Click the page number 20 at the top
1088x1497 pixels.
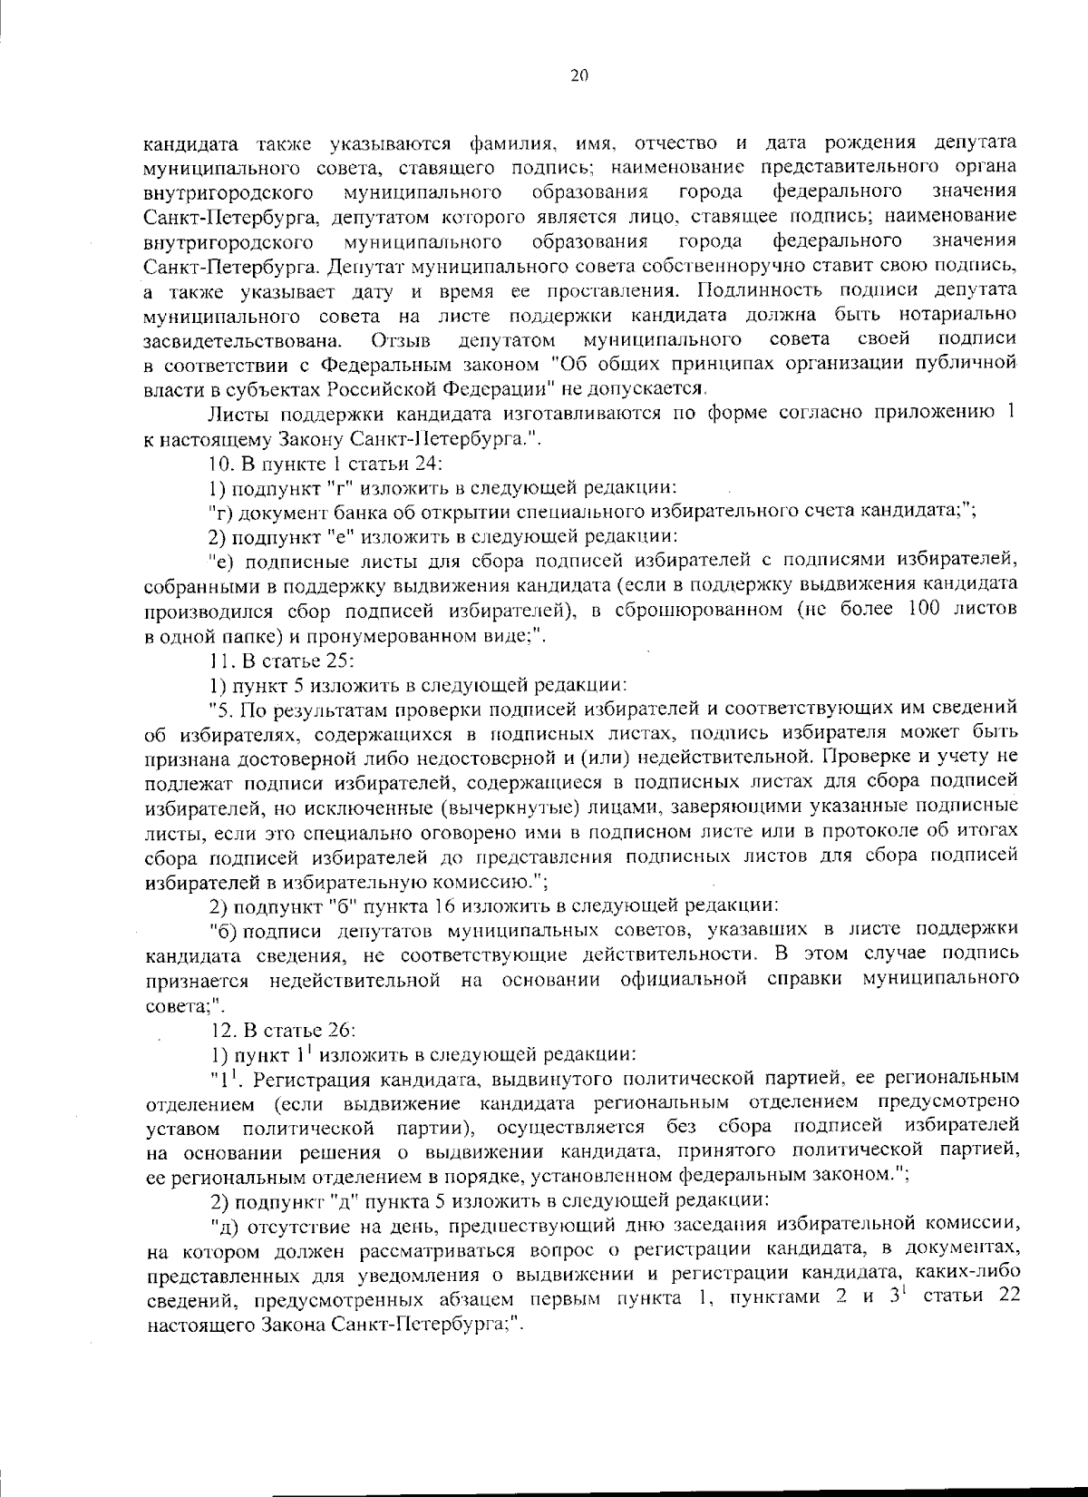point(580,76)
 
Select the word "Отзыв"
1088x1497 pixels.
point(401,340)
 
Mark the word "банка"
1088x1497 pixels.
point(335,511)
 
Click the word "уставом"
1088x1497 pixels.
point(183,1129)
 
